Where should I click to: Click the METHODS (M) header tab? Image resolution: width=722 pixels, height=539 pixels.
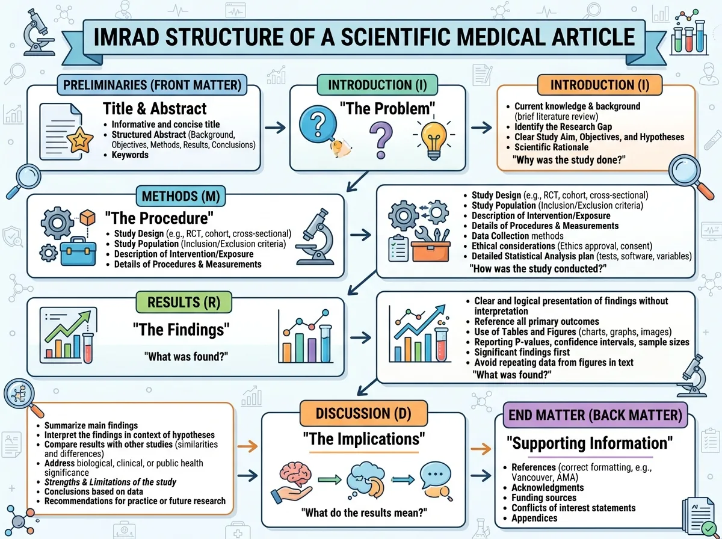point(180,196)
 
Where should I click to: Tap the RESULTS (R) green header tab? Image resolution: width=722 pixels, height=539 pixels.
point(184,302)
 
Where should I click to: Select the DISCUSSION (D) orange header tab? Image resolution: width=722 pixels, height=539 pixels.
point(363,413)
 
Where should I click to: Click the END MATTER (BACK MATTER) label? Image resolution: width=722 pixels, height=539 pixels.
point(596,415)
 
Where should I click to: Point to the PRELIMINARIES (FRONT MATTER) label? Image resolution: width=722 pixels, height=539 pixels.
point(152,85)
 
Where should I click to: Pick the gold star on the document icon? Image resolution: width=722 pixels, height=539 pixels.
point(80,140)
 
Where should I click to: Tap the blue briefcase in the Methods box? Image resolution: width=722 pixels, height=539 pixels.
point(79,251)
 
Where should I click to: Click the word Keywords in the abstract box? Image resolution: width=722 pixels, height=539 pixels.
point(130,155)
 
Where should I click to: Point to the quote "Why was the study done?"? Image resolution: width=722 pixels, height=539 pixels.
point(569,160)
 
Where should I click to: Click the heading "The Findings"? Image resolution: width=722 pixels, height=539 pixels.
point(181,330)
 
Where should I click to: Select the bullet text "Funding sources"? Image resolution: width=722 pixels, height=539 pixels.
point(544,497)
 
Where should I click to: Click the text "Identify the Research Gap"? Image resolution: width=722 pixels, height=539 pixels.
point(563,126)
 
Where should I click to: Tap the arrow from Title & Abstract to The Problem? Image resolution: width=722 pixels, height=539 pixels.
point(275,128)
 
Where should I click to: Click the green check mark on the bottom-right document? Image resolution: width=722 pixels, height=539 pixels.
point(709,529)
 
